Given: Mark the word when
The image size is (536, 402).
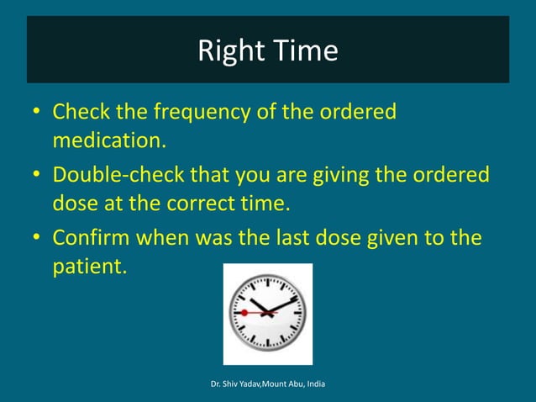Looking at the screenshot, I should point(171,238).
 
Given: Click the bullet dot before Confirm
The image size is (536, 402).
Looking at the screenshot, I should point(37,239).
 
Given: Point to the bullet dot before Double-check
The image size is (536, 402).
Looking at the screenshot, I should point(37,176).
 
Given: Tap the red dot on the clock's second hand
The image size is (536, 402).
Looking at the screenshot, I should point(244,313).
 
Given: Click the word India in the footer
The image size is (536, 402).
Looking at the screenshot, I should point(313,384).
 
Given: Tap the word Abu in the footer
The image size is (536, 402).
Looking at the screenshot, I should point(290,384).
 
